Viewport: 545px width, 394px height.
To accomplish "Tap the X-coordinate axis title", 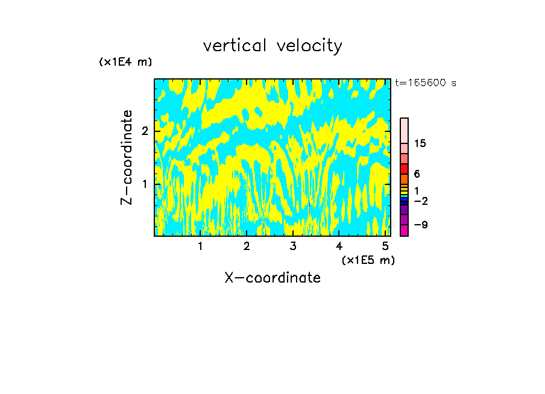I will coord(272,278).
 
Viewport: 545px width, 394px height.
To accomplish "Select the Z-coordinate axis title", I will coord(127,157).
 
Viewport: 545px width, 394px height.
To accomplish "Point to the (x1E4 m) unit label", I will coord(125,62).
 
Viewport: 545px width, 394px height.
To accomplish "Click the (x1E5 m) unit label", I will coord(368,260).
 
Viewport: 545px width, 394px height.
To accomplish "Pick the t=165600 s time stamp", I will coord(426,83).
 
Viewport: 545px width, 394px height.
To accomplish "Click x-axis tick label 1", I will coord(200,246).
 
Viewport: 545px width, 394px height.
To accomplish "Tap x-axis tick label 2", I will coord(247,246).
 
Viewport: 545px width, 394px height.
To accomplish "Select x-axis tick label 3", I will coord(292,246).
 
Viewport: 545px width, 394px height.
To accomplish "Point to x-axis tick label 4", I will coord(339,246).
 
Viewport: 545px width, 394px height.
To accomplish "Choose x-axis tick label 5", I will coord(385,246).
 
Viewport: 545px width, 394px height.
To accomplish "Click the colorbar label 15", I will coord(420,143).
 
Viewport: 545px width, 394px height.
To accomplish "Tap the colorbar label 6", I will coord(417,174).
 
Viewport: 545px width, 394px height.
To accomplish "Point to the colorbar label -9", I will coord(420,225).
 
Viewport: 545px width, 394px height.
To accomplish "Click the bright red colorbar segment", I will coord(404,169).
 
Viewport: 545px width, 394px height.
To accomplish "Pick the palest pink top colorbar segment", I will coord(404,130).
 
